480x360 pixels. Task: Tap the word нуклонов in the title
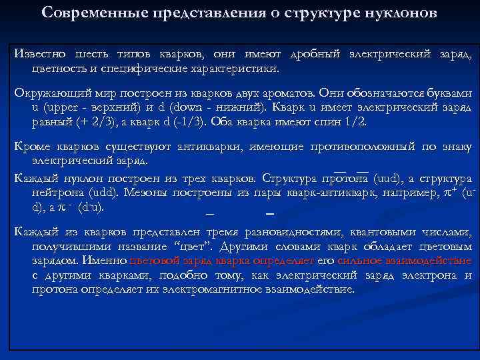coord(404,13)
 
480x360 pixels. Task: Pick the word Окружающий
coord(47,93)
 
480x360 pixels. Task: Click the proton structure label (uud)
coord(387,179)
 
